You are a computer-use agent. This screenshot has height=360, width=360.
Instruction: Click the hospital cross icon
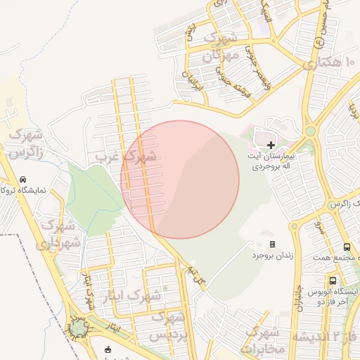tap(271, 144)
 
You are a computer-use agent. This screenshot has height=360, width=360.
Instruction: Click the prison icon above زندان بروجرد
tap(272, 244)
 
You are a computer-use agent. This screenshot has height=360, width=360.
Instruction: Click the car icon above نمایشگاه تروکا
tap(24, 179)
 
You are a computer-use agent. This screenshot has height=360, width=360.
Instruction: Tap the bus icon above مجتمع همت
tap(347, 247)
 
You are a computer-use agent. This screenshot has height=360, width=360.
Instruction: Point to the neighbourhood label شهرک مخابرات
tap(264, 339)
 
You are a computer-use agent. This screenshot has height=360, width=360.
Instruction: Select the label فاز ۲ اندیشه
tap(330, 337)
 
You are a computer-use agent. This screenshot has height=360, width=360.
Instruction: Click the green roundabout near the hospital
tap(310, 131)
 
